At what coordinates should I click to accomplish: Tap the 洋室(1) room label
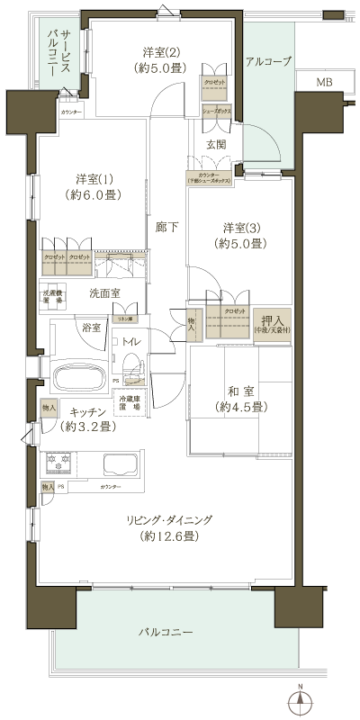pos(99,186)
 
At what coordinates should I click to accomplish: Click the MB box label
pos(323,83)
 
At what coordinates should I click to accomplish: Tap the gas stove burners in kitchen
pos(58,465)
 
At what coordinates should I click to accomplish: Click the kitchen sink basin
pos(120,465)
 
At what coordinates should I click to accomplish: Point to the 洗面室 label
pos(105,293)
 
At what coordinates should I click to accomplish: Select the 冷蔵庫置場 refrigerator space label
pos(130,402)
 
